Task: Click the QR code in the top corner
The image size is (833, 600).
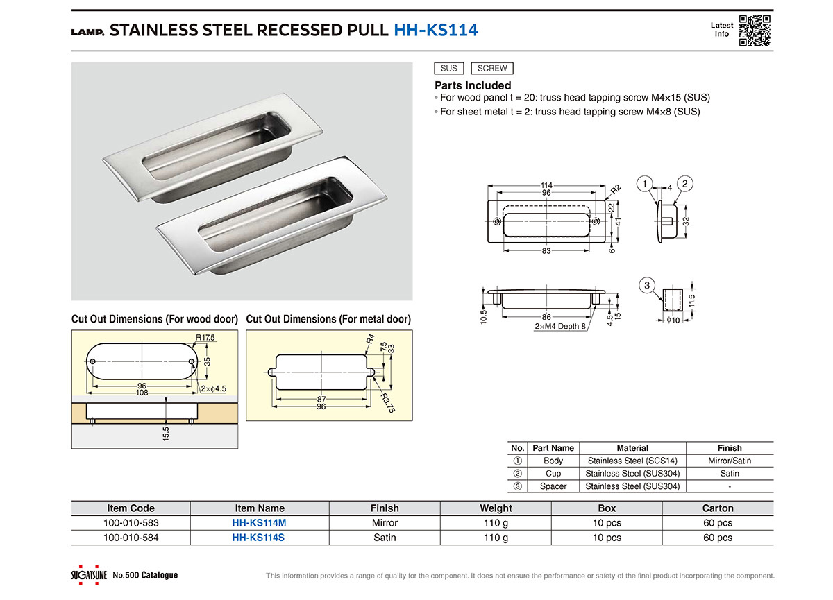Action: coord(755,30)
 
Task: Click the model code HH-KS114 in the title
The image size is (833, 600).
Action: coord(435,30)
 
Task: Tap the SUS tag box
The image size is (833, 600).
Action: coord(448,68)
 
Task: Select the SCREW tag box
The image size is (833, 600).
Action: coord(492,68)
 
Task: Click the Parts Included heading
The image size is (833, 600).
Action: coord(473,85)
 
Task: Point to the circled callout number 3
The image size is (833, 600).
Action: coord(647,285)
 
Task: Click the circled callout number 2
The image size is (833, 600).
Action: coord(684,184)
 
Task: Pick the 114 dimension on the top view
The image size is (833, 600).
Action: coord(546,185)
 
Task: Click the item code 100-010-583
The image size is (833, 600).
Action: coord(131,523)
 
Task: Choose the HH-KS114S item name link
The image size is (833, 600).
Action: coord(259,538)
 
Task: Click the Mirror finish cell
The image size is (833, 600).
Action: coord(385,523)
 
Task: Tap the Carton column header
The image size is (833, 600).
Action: coord(718,508)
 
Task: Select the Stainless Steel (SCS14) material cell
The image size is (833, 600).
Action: coord(632,461)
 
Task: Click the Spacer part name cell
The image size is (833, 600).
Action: coord(553,486)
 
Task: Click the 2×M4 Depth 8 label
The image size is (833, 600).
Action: coord(560,326)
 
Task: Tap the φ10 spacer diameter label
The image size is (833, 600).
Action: coord(673,320)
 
